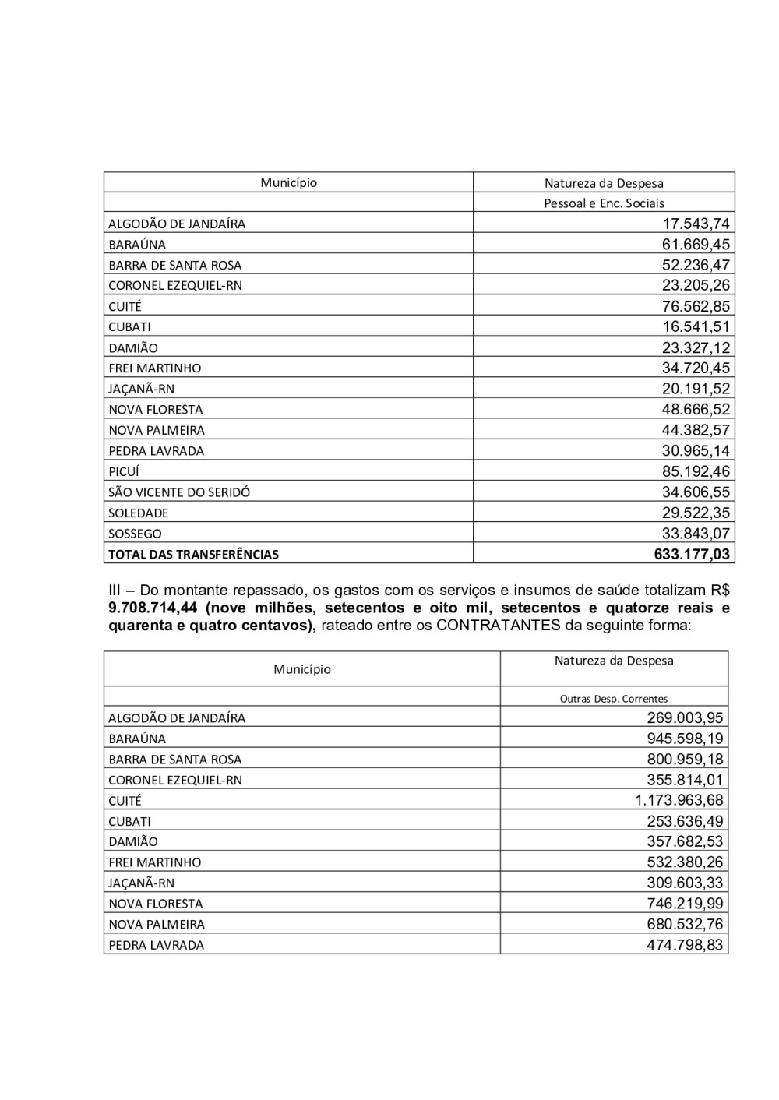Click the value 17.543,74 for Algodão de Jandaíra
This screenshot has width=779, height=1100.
coord(696,224)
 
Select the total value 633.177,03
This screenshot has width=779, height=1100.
coord(692,555)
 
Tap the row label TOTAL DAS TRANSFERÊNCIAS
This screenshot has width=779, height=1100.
coord(193,555)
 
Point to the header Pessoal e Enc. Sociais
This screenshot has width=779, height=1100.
coord(604,203)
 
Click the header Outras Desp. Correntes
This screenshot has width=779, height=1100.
coord(614,699)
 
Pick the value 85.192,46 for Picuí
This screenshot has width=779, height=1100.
coord(696,471)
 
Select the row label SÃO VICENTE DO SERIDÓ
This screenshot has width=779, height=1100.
coord(179,492)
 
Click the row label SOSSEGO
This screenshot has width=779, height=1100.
coord(135,534)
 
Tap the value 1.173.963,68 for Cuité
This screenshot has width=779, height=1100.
coord(679,800)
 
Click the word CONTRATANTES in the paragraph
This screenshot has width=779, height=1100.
coord(498,625)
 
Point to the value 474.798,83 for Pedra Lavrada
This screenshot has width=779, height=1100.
coord(685,945)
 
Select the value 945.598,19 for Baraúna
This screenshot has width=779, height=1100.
coord(685,739)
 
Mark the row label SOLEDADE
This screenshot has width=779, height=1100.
coord(138,513)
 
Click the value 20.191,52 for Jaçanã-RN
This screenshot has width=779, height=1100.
coord(696,389)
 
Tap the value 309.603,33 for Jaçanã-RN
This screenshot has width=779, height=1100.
coord(685,883)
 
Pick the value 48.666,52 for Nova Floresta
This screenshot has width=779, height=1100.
coord(696,410)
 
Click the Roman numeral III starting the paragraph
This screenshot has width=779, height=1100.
coord(116,591)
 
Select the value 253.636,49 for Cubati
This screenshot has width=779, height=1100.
coord(685,821)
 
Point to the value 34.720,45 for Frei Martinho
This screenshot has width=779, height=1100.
coord(696,368)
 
